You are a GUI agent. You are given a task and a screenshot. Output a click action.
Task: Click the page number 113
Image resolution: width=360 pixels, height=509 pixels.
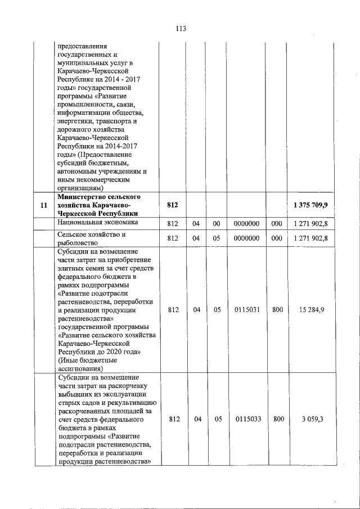180,29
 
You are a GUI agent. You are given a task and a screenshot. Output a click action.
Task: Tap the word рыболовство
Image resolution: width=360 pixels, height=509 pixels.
79,243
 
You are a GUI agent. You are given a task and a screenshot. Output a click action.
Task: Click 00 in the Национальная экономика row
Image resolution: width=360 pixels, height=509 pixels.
218,224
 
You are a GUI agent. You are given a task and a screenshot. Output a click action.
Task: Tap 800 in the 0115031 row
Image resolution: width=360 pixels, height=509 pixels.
277,310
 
